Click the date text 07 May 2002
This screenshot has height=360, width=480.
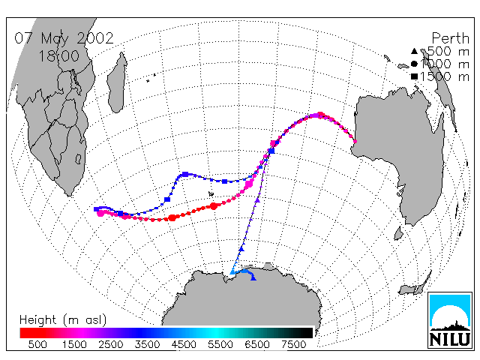(64, 39)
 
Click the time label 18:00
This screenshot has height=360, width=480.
(58, 56)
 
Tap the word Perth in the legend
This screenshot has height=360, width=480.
(450, 38)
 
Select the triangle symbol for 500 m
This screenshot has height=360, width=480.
(414, 51)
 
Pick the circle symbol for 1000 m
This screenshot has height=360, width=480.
(414, 64)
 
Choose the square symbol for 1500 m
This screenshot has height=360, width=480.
(414, 76)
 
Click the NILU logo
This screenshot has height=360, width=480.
(450, 320)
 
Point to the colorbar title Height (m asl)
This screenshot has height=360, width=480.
(63, 320)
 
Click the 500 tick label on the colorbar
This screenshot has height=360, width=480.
(37, 345)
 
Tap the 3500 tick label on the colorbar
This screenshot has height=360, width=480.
(147, 345)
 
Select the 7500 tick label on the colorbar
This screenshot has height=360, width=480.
(293, 345)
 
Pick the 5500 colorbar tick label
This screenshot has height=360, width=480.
(220, 345)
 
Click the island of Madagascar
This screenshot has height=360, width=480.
(118, 82)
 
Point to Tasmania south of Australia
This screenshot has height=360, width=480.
(398, 233)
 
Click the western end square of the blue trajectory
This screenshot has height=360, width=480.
(97, 209)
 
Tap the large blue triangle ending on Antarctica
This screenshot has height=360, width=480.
(253, 277)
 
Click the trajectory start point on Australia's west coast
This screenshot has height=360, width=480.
(355, 142)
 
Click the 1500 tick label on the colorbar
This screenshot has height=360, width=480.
(74, 345)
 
